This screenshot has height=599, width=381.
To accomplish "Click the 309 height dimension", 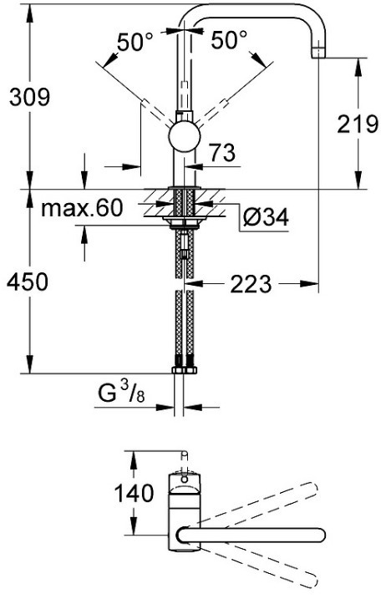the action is (x=30, y=97).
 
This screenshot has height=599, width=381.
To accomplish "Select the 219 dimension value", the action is (x=358, y=124).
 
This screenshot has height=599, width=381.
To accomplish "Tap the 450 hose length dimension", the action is (x=28, y=282).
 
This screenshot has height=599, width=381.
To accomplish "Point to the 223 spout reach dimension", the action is (x=251, y=284).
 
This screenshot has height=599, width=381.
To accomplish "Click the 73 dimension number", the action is (x=223, y=152).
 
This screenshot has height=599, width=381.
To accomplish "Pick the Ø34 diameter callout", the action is (x=267, y=217).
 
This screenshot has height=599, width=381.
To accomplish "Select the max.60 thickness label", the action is (x=83, y=208).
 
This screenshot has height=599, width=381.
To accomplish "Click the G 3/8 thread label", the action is (x=121, y=393).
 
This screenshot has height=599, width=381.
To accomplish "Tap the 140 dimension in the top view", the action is (x=135, y=493).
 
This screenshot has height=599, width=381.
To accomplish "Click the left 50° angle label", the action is (x=135, y=42).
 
